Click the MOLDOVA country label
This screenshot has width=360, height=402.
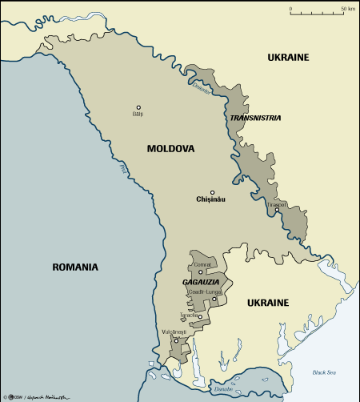[x=170, y=149]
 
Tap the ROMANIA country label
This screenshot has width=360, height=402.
[x=74, y=267]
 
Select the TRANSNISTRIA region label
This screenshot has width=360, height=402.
[x=254, y=118]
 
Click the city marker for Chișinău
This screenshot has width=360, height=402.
[x=212, y=192]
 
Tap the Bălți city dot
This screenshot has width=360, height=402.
[x=138, y=107]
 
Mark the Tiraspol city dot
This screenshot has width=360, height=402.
[x=277, y=211]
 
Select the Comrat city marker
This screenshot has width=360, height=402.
[x=200, y=271]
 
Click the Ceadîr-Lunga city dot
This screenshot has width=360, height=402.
[x=214, y=299]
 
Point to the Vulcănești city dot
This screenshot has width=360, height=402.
[x=176, y=341]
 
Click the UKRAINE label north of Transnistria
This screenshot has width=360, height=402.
[x=288, y=57]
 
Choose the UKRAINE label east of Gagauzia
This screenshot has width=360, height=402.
[x=267, y=303]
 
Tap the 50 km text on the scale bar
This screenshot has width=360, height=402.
[x=348, y=8]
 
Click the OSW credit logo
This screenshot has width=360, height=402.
[x=10, y=396]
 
